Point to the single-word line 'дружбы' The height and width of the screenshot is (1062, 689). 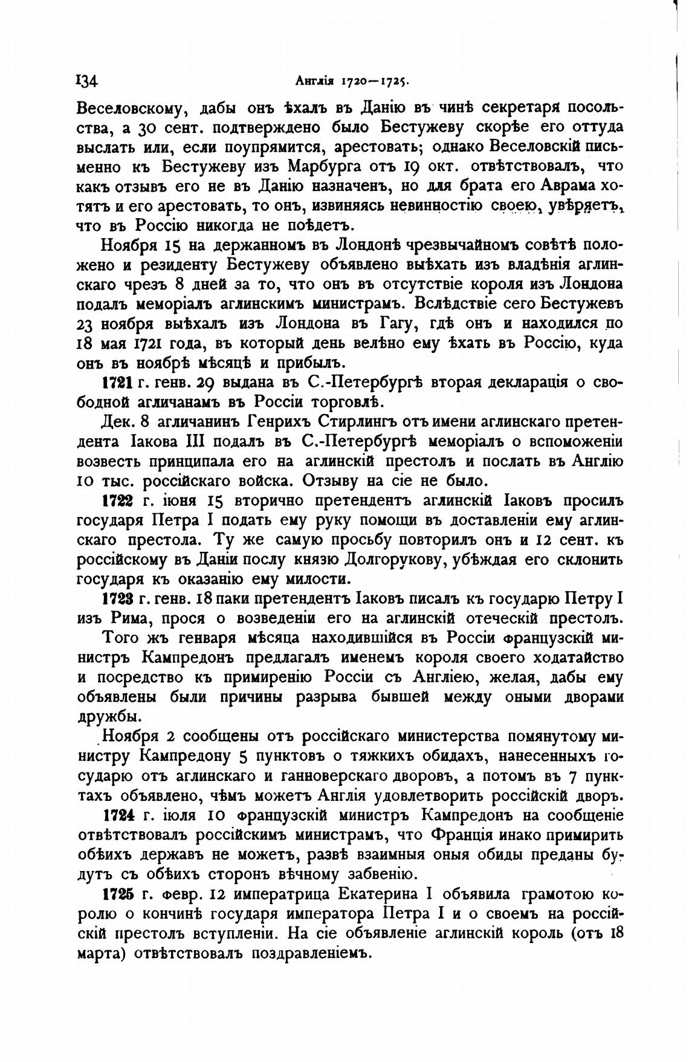coord(110,717)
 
